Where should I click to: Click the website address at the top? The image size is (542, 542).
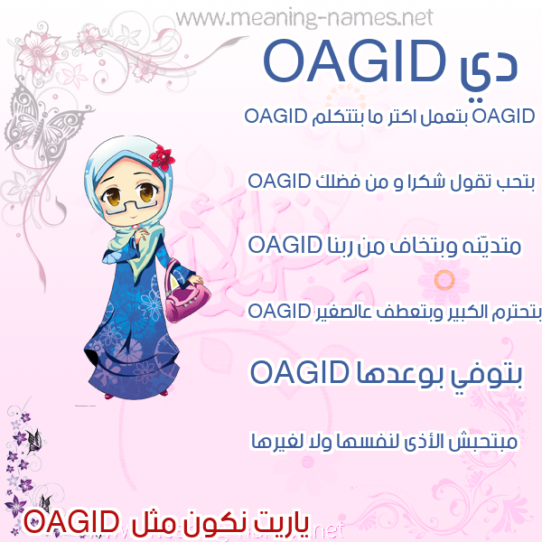point(304,18)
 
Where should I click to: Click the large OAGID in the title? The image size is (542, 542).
point(355,61)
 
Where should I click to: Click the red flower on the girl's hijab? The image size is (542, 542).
point(162,157)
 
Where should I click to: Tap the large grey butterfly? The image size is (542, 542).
point(43,123)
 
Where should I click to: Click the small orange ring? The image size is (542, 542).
point(444,280)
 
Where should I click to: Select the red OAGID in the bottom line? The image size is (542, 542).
point(70,522)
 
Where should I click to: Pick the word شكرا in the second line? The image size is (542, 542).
point(419,182)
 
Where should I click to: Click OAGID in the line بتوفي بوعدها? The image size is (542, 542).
point(299,372)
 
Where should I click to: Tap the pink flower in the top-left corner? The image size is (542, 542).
point(39,51)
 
